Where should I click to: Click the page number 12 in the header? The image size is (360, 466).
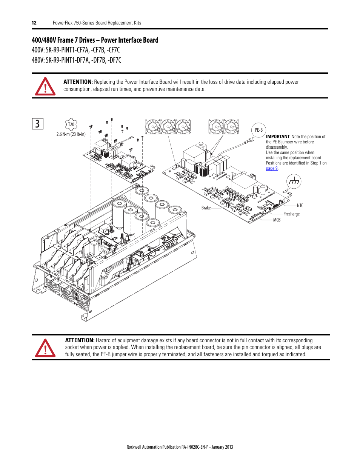click(34, 23)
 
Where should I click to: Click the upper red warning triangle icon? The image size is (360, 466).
click(45, 86)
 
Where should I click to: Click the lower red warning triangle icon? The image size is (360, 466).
click(45, 348)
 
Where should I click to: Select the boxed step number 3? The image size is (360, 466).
click(37, 124)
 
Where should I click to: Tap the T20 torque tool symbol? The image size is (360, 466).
click(71, 124)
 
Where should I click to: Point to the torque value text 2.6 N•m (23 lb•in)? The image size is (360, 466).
click(71, 134)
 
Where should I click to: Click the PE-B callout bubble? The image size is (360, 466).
click(258, 130)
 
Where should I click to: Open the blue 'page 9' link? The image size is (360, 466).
click(272, 168)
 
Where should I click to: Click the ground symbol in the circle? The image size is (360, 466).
click(294, 181)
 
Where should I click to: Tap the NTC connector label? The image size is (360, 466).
click(300, 206)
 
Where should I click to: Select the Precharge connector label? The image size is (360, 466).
click(291, 214)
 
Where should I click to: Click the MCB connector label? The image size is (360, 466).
click(277, 220)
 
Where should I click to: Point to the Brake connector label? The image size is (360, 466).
click(206, 208)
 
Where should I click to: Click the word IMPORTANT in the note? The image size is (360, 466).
click(278, 137)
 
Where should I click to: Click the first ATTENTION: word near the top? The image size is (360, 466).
click(78, 82)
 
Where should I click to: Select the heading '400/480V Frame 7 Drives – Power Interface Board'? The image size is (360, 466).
click(95, 40)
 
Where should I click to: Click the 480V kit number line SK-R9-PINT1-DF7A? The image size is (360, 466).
click(76, 60)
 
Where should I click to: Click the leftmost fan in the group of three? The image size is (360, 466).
click(153, 126)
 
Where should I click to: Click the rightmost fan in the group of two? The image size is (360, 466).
click(231, 126)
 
